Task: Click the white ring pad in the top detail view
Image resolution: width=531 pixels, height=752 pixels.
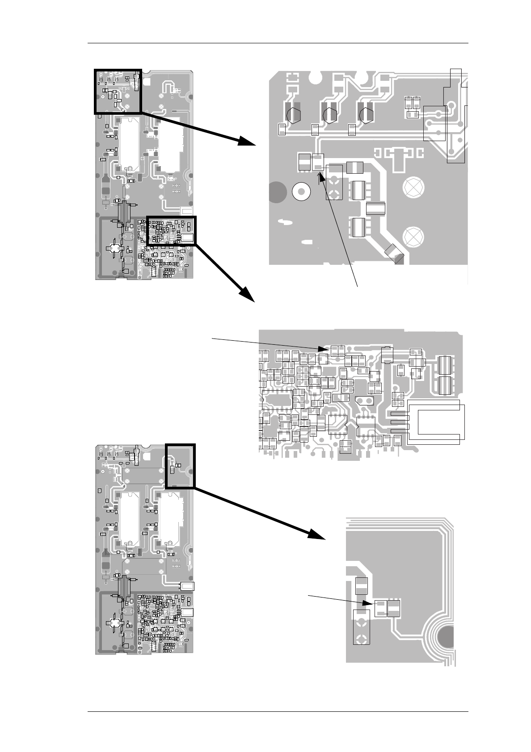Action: point(301,192)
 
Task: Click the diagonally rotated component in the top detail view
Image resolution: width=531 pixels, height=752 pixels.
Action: point(394,254)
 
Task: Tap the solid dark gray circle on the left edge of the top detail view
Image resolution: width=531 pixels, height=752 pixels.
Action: point(277,192)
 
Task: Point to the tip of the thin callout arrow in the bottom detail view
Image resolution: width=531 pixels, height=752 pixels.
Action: point(374,603)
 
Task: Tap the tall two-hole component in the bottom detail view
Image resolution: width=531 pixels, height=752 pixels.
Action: point(362,627)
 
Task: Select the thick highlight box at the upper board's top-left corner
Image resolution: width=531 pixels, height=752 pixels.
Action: point(118,92)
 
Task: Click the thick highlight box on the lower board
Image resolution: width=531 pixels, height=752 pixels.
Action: point(180,466)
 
